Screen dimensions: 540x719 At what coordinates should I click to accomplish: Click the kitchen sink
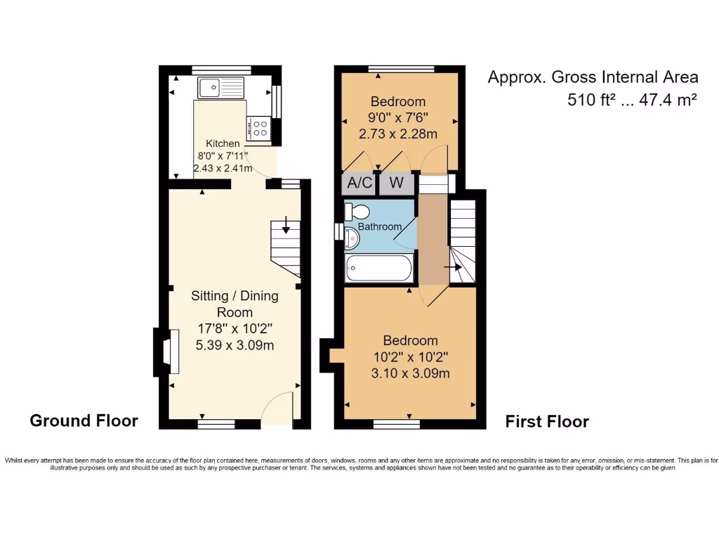pyautogui.click(x=220, y=88)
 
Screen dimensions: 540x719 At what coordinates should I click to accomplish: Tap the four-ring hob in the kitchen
pyautogui.click(x=258, y=128)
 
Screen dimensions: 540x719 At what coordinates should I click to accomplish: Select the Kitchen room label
pyautogui.click(x=223, y=143)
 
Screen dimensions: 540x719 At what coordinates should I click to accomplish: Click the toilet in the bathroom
pyautogui.click(x=357, y=212)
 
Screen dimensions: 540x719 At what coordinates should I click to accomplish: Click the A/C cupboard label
pyautogui.click(x=360, y=184)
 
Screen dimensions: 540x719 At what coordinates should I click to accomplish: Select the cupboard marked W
pyautogui.click(x=396, y=184)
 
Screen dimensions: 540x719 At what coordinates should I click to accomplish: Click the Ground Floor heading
pyautogui.click(x=84, y=420)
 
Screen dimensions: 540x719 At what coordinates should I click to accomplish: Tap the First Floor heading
pyautogui.click(x=547, y=421)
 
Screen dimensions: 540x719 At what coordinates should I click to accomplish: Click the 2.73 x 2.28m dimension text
pyautogui.click(x=398, y=134)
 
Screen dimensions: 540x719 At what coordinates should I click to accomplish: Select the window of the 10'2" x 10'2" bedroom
pyautogui.click(x=397, y=424)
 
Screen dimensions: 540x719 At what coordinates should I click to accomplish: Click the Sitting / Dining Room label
pyautogui.click(x=235, y=304)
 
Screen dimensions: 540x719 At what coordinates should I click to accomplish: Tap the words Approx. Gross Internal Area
pyautogui.click(x=593, y=77)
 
